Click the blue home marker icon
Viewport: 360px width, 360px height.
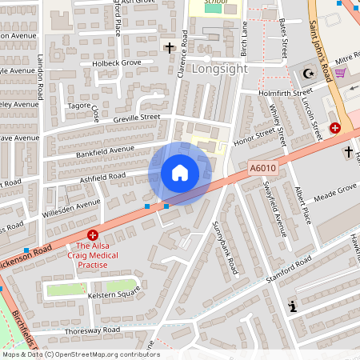click(x=180, y=173)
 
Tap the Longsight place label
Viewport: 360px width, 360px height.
click(x=215, y=69)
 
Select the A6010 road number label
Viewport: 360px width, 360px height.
click(x=262, y=168)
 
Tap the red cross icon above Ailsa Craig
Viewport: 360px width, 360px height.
click(x=93, y=235)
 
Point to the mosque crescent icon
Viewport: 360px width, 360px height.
click(x=309, y=74)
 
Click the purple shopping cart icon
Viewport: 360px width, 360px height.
click(x=339, y=73)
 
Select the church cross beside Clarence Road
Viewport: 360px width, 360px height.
click(x=170, y=48)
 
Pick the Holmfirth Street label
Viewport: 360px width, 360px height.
click(x=286, y=93)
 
